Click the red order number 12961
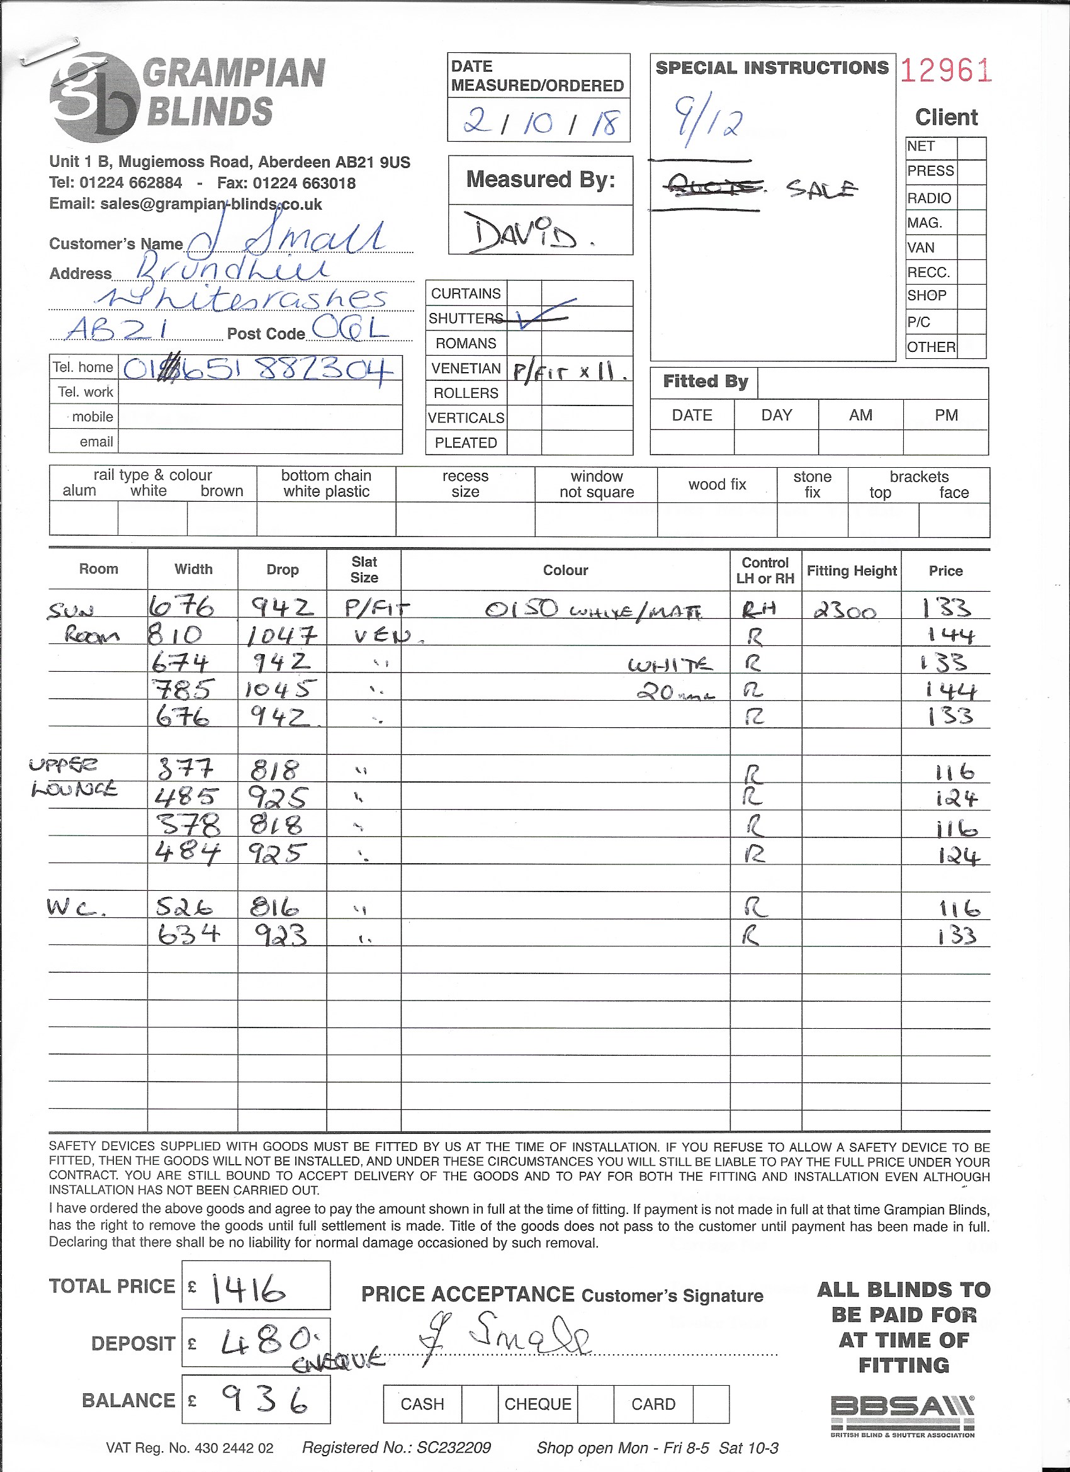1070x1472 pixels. click(946, 71)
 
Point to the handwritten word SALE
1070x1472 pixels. click(821, 189)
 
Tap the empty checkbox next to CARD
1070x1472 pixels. click(711, 1404)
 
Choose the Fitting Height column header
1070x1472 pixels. click(852, 570)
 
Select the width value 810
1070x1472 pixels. click(175, 634)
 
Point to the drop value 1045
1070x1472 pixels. click(280, 689)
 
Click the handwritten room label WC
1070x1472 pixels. click(76, 907)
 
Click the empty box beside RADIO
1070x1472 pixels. click(971, 198)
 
